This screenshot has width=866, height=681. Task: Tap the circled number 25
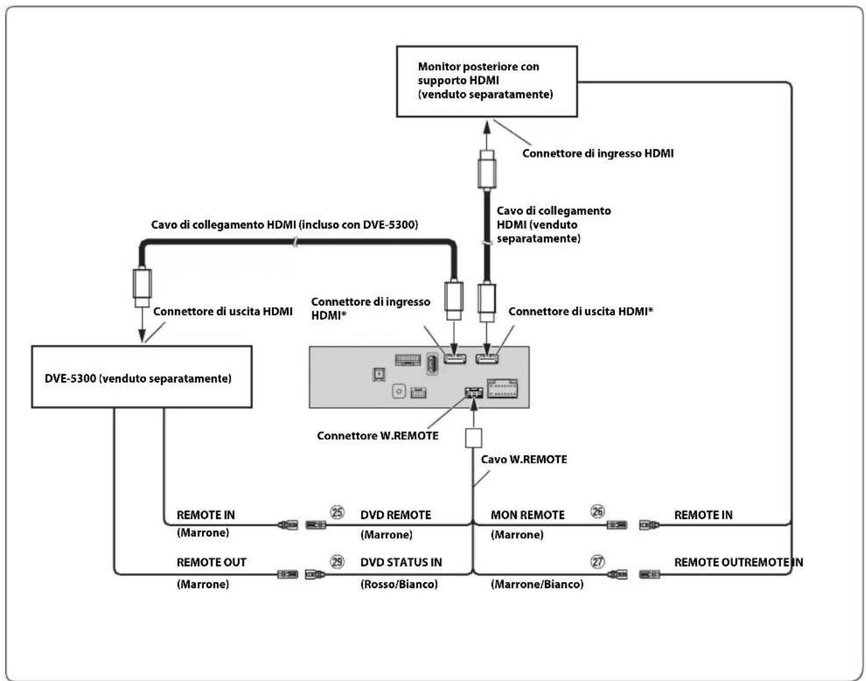tap(337, 513)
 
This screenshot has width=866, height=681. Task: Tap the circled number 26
tap(597, 511)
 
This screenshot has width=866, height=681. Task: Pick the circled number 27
tap(597, 562)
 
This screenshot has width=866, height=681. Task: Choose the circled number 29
tap(337, 562)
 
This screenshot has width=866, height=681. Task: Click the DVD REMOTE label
tap(395, 515)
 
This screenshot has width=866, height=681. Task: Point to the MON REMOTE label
tap(528, 515)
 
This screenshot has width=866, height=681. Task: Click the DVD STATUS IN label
tap(401, 562)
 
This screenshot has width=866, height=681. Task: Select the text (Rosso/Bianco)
tap(399, 584)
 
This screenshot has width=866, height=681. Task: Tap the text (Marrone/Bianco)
tap(537, 584)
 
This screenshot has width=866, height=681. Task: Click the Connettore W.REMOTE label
tap(378, 435)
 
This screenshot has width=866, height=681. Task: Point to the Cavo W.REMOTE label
tap(524, 459)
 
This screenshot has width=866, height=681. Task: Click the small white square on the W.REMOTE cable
tap(473, 438)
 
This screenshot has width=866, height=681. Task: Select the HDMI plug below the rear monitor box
tap(486, 170)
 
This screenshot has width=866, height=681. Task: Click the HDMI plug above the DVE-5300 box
tap(142, 288)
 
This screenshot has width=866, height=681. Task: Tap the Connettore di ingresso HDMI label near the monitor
tap(598, 153)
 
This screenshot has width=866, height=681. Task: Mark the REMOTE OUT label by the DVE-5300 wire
tap(211, 562)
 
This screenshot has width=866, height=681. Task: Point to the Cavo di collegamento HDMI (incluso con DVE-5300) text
tap(285, 225)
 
